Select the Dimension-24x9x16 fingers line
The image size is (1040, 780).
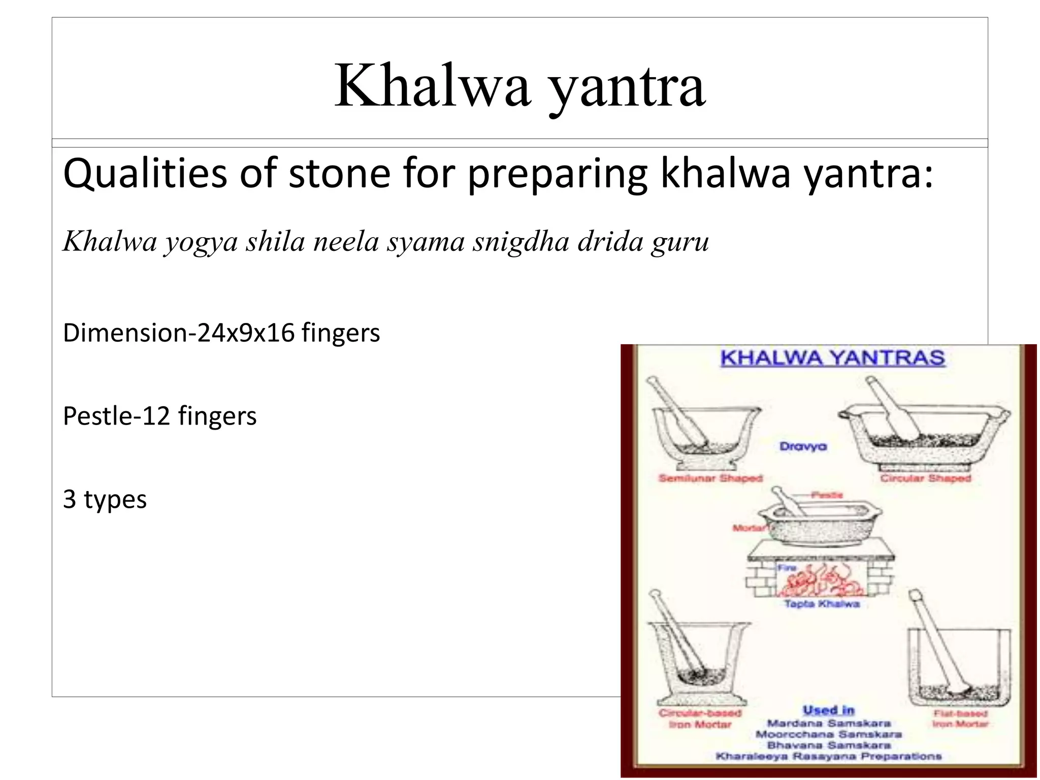pos(221,333)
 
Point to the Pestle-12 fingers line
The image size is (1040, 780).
pos(159,416)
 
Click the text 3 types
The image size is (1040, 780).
pos(105,499)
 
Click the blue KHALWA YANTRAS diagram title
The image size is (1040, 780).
pos(832,358)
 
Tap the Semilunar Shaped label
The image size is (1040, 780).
pos(710,478)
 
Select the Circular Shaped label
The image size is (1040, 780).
pos(925,478)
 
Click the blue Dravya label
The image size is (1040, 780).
pos(803,446)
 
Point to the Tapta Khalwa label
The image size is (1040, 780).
pos(822,604)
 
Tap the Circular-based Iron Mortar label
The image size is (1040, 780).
pos(700,719)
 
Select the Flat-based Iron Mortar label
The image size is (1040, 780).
pos(960,719)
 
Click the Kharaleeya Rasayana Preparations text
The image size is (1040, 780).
pos(829,757)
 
